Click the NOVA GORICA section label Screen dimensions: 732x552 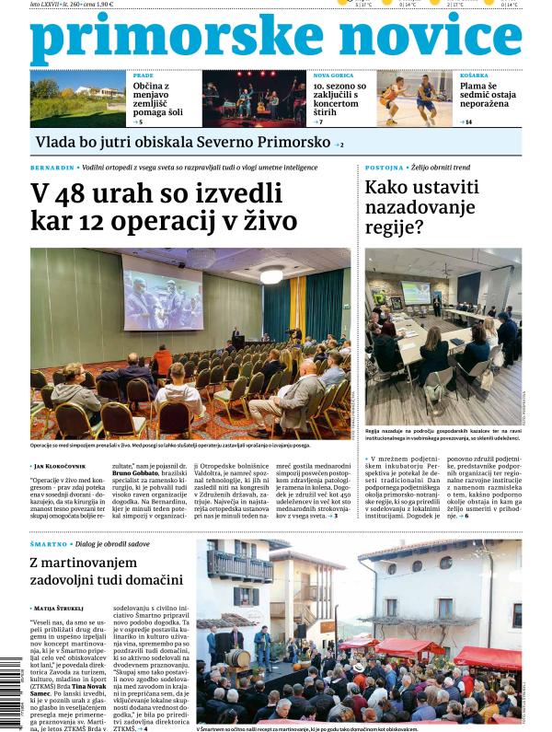(333, 75)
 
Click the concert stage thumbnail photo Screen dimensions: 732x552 (253, 98)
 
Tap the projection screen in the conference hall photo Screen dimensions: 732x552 (162, 293)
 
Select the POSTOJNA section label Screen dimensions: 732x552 (384, 168)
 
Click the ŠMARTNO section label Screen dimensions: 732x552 (48, 545)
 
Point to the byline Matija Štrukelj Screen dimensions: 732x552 (63, 609)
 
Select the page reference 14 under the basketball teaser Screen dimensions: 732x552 (468, 122)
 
